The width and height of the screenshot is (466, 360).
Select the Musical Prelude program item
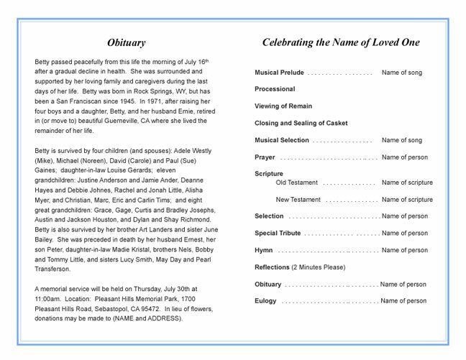point(279,73)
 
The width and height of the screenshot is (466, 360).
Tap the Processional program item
point(275,89)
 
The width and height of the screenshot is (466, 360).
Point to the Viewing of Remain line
point(284,105)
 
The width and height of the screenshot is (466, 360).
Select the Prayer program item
point(265,157)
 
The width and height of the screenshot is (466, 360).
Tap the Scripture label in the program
point(269,174)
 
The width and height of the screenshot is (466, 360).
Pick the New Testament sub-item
point(298,200)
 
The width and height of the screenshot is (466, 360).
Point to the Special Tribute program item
point(278,233)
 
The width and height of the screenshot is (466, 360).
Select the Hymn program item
point(263,250)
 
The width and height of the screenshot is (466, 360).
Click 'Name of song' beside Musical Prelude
point(401,73)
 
